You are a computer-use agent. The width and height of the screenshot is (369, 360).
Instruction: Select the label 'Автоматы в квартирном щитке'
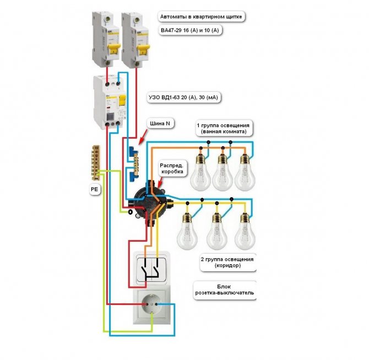pos(199,17)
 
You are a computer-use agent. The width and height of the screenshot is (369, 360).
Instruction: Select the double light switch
pos(151,269)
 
